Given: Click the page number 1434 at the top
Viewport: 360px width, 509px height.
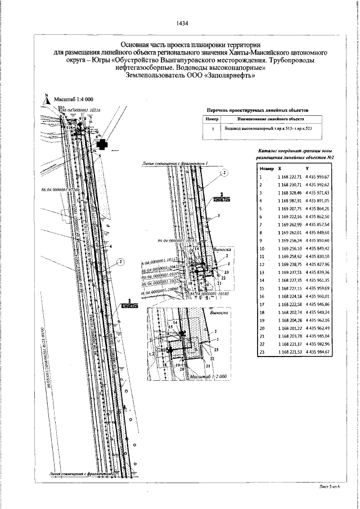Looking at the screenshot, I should click(x=182, y=23).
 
